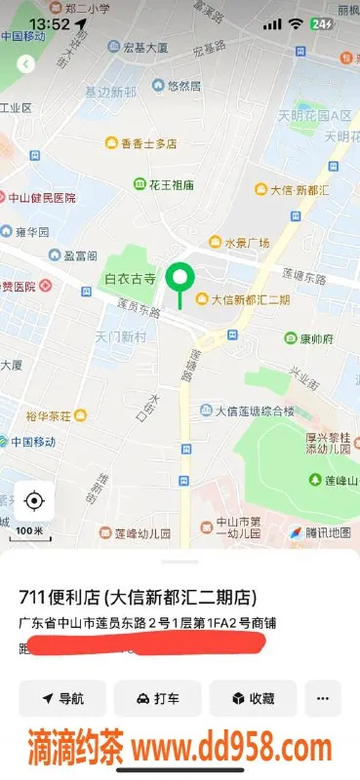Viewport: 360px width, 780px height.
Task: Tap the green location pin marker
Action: click(179, 279)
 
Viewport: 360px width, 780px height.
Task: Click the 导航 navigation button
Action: click(62, 698)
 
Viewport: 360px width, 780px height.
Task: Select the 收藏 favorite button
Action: click(253, 698)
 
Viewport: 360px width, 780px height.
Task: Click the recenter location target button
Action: click(34, 501)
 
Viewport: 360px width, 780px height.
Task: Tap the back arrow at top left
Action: click(26, 63)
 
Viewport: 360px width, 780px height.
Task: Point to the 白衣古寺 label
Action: click(130, 279)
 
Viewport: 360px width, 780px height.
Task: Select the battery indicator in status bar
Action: click(320, 23)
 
